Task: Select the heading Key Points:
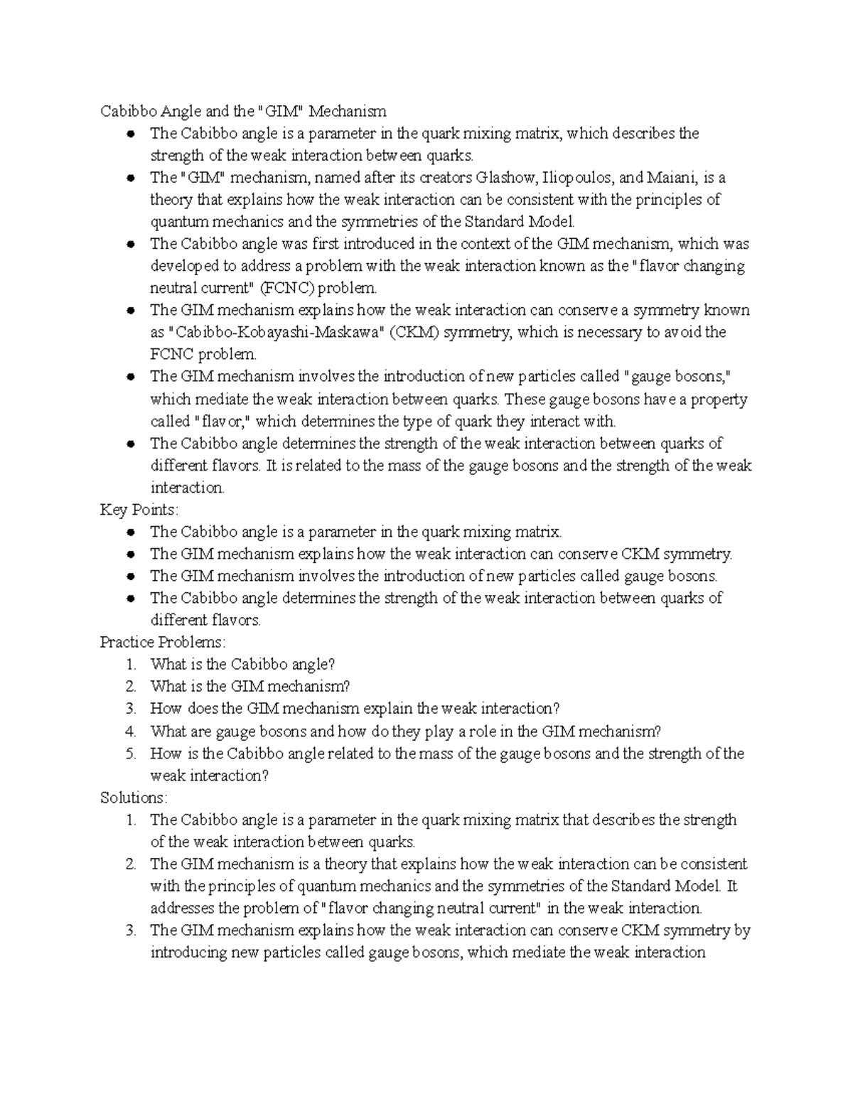(140, 510)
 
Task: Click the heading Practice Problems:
(163, 642)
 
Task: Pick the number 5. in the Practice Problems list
(130, 754)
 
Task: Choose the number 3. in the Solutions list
(130, 931)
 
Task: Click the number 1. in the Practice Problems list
(130, 665)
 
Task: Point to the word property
(718, 400)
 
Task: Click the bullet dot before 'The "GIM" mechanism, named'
(130, 178)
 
